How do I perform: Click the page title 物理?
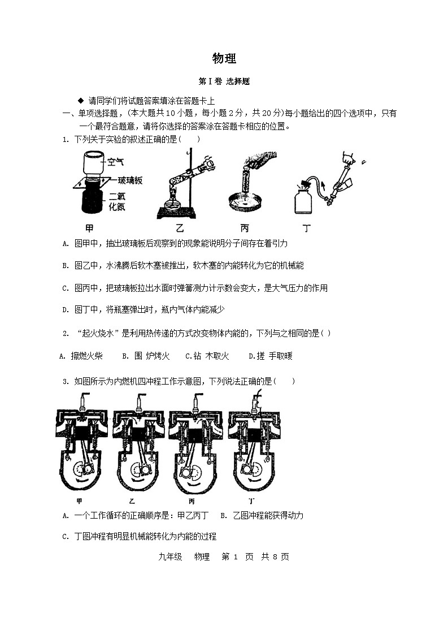point(224,58)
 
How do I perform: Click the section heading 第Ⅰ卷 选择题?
point(224,81)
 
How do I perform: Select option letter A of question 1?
point(66,244)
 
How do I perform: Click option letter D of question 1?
point(66,309)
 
